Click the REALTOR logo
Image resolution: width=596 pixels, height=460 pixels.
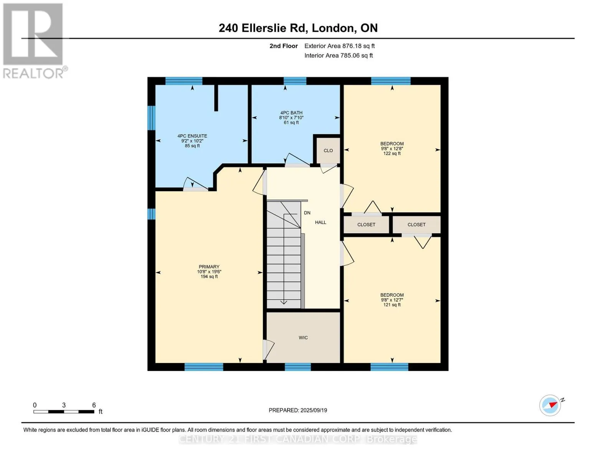(x=34, y=41)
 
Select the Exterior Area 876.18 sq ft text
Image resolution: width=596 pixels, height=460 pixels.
(x=339, y=46)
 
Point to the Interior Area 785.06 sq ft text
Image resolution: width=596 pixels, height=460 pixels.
(x=338, y=56)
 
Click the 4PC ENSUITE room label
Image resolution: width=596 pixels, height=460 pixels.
(x=192, y=136)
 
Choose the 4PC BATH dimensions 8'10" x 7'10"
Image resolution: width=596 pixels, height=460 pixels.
(x=291, y=118)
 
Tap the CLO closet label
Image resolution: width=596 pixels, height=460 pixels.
(x=328, y=151)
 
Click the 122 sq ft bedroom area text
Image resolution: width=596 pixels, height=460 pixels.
(x=392, y=153)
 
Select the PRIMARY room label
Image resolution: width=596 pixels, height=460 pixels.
(x=209, y=267)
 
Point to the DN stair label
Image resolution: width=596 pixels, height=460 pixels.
(x=307, y=213)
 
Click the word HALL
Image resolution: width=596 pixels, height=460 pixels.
(x=320, y=222)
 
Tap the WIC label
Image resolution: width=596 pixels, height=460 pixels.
(x=303, y=338)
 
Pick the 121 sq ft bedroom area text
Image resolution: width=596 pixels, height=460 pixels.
(x=392, y=305)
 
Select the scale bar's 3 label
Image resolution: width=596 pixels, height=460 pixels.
(x=64, y=405)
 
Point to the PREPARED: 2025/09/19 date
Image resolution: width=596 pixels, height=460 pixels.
(x=298, y=411)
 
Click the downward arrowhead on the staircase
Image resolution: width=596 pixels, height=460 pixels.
(x=284, y=302)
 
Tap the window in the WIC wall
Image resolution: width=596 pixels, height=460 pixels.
(x=297, y=367)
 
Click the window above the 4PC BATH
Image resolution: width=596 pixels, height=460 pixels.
(x=295, y=81)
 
